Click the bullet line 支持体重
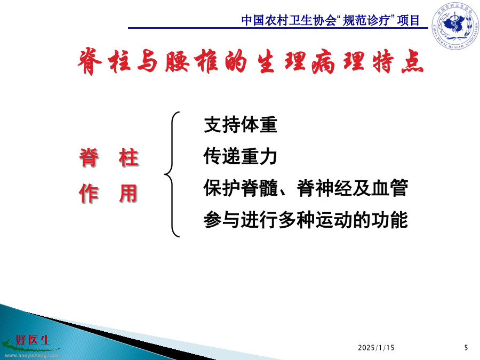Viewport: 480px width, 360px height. pyautogui.click(x=241, y=125)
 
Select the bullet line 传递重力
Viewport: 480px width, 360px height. pyautogui.click(x=241, y=156)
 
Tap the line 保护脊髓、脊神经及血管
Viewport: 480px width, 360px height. pyautogui.click(x=306, y=188)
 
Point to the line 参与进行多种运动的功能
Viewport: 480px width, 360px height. pyautogui.click(x=306, y=220)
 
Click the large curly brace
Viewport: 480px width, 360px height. pyautogui.click(x=172, y=174)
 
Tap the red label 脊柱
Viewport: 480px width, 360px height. pyautogui.click(x=109, y=158)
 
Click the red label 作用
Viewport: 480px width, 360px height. pyautogui.click(x=108, y=194)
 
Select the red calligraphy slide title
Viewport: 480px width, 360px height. pyautogui.click(x=251, y=61)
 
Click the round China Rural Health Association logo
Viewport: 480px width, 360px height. pyautogui.click(x=455, y=26)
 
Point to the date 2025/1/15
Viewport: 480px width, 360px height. pyautogui.click(x=376, y=348)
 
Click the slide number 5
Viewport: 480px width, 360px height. pyautogui.click(x=466, y=348)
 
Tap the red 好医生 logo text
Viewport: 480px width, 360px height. pyautogui.click(x=33, y=340)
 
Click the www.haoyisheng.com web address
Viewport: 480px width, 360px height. pyautogui.click(x=32, y=355)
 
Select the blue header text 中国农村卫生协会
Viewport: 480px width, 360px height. pyautogui.click(x=289, y=20)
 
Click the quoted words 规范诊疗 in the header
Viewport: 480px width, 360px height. pyautogui.click(x=366, y=20)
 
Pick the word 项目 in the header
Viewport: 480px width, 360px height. pyautogui.click(x=408, y=20)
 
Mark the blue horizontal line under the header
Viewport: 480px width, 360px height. pyautogui.click(x=278, y=28)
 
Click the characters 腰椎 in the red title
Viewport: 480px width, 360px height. pyautogui.click(x=192, y=61)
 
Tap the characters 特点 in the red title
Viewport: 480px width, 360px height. pyautogui.click(x=398, y=61)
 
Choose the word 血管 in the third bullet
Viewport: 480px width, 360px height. pyautogui.click(x=390, y=188)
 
